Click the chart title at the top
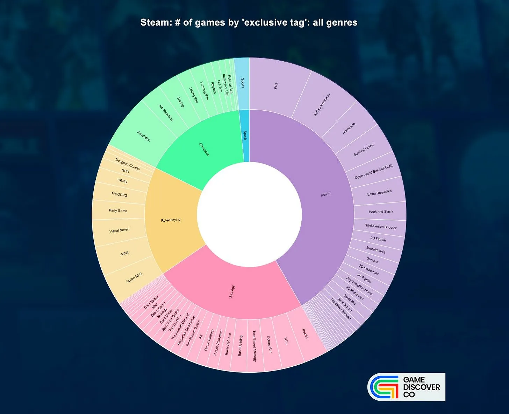point(249,23)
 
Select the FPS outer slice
point(276,86)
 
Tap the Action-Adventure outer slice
point(322,105)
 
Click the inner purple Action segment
point(325,194)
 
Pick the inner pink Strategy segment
point(232,291)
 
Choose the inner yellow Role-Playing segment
point(171,220)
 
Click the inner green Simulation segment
point(204,149)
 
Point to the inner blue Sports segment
point(245,136)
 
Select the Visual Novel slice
point(119,230)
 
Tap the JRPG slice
point(124,254)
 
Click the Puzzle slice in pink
point(305,334)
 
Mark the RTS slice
point(286,341)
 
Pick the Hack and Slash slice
point(380,212)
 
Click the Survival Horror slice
point(364,150)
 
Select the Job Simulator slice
point(166,113)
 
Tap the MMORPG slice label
point(120,194)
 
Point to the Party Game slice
point(118,211)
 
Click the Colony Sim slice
point(269,345)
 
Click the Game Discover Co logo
point(406,387)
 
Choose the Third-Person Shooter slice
point(380,227)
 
